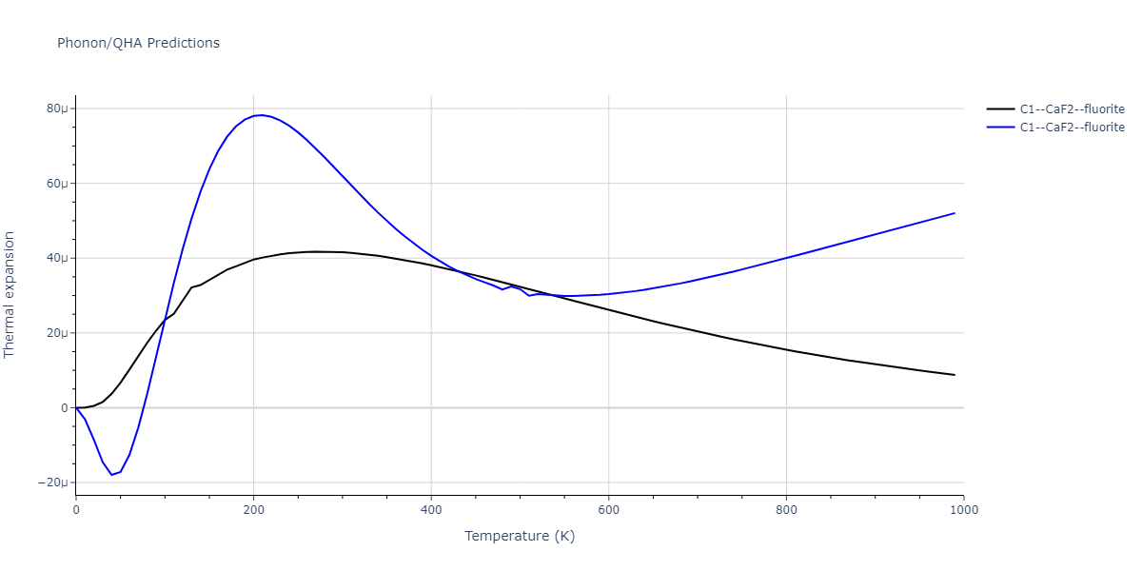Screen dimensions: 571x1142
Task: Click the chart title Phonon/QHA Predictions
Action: pyautogui.click(x=138, y=43)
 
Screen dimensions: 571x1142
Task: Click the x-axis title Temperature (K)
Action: pyautogui.click(x=520, y=536)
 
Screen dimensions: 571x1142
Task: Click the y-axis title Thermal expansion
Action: pyautogui.click(x=10, y=294)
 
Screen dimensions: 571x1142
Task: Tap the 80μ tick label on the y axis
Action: pyautogui.click(x=56, y=108)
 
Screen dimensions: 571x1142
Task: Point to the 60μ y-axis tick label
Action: pyautogui.click(x=56, y=184)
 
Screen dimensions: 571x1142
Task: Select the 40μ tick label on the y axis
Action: pyautogui.click(x=56, y=258)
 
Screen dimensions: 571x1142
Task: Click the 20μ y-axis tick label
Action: pyautogui.click(x=56, y=333)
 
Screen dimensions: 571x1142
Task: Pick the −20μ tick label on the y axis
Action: pyautogui.click(x=53, y=482)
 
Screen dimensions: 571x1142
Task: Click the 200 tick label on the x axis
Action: pyautogui.click(x=253, y=509)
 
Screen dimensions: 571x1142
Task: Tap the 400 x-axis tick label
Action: pyautogui.click(x=431, y=509)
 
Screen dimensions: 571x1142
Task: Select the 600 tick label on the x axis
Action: pyautogui.click(x=609, y=509)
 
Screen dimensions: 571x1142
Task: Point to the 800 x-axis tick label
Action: pyautogui.click(x=786, y=509)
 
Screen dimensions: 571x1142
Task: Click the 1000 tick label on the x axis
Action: pyautogui.click(x=964, y=509)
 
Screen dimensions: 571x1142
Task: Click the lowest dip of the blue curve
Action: pyautogui.click(x=111, y=475)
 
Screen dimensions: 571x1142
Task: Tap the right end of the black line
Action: pyautogui.click(x=955, y=375)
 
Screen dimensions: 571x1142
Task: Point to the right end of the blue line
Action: pyautogui.click(x=955, y=213)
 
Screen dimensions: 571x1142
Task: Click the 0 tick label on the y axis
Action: pyautogui.click(x=64, y=408)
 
